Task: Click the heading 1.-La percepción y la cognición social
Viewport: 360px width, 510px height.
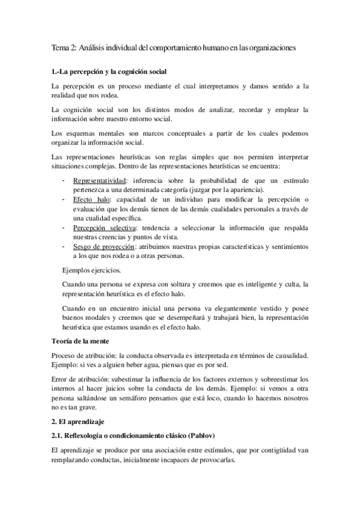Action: point(114,72)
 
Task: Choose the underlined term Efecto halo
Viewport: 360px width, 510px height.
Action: point(93,200)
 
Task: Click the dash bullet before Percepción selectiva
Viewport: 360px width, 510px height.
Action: point(64,229)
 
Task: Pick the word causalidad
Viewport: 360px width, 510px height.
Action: point(289,355)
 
